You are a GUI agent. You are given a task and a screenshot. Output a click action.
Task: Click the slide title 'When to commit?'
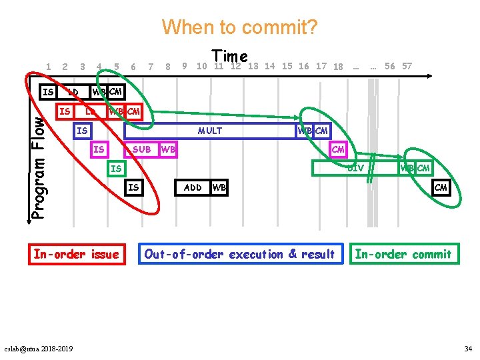pos(240,27)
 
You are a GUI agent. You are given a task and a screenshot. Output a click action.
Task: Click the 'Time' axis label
pos(229,57)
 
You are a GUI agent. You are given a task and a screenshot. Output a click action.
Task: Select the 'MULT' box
pos(210,131)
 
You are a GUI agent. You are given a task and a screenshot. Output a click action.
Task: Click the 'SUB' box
pos(141,149)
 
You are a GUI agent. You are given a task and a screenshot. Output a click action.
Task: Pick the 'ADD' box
pos(193,187)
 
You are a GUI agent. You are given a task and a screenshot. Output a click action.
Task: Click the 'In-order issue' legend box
pos(76,254)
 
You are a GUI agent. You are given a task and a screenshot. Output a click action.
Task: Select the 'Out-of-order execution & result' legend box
pos(239,254)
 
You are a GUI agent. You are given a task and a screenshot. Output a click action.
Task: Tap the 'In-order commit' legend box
pos(404,254)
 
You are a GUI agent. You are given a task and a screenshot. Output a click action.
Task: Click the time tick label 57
pos(407,66)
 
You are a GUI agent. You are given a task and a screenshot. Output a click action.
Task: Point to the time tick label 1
pos(49,66)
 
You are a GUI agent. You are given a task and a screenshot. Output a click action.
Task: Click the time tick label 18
pos(338,67)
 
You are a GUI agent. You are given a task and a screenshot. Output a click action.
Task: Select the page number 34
pos(467,349)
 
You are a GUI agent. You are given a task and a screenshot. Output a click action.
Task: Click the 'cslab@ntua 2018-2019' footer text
pos(39,349)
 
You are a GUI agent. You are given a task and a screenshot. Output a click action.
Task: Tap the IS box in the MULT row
pos(82,131)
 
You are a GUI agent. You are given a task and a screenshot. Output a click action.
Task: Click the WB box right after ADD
pos(219,187)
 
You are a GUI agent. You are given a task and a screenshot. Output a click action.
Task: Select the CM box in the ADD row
pos(441,187)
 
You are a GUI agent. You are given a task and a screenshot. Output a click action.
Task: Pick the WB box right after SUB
pos(168,149)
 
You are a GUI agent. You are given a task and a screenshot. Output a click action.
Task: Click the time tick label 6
pos(133,67)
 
